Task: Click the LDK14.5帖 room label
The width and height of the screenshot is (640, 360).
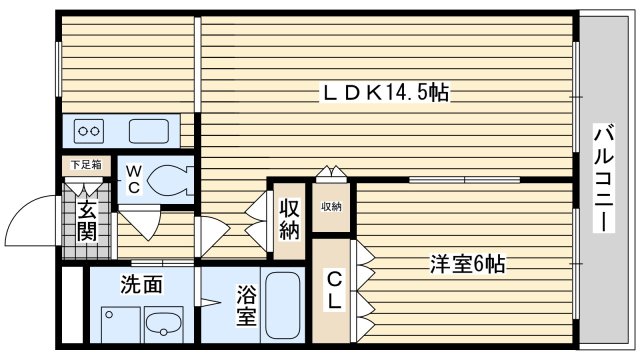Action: tap(386, 92)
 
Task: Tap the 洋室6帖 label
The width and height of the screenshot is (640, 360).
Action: tap(467, 264)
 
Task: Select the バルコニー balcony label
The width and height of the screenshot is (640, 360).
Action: tap(604, 178)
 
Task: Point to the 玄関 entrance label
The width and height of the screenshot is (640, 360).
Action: tap(87, 222)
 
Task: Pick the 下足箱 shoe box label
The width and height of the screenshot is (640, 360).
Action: tap(86, 165)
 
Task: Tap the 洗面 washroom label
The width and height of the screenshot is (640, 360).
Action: tap(141, 284)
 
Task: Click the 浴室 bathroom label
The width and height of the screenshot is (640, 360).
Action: tap(247, 306)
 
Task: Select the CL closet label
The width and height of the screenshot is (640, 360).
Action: tap(334, 291)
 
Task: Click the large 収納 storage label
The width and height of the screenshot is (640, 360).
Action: tap(289, 219)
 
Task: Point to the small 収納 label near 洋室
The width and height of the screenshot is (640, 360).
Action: tap(331, 207)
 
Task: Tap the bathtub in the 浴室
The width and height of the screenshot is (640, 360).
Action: tap(282, 305)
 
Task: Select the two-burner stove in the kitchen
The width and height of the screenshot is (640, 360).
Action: tap(89, 131)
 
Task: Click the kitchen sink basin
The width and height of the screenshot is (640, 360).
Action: tap(149, 131)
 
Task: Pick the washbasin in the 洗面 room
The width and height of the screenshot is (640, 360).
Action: tap(164, 324)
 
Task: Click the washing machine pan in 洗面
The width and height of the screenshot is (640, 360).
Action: tap(121, 325)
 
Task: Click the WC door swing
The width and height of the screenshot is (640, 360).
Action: tap(140, 222)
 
